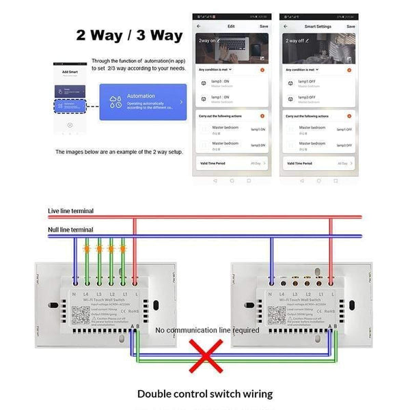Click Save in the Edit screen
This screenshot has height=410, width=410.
click(x=264, y=26)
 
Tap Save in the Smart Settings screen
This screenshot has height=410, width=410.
click(x=350, y=26)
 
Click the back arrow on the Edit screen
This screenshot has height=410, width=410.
click(x=199, y=26)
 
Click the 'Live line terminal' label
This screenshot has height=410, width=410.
click(x=70, y=211)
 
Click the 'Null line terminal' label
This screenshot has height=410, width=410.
click(x=70, y=230)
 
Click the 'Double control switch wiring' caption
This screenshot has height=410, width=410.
click(x=205, y=394)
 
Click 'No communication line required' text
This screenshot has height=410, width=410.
click(x=207, y=330)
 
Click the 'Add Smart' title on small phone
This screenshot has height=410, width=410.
click(x=70, y=71)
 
